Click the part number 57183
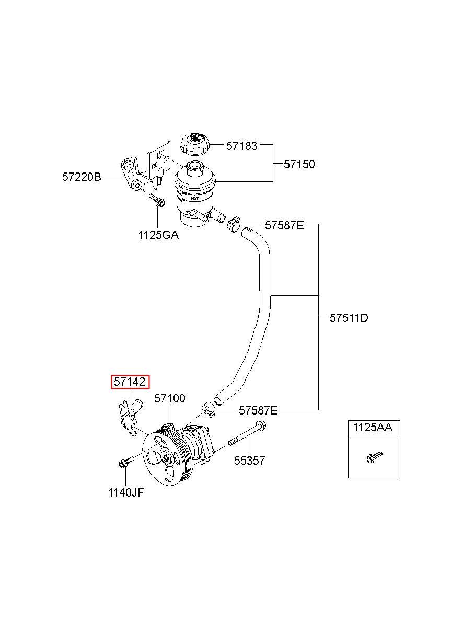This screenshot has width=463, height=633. [x=242, y=146]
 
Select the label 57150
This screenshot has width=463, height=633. [x=299, y=164]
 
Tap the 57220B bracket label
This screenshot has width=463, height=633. [x=82, y=177]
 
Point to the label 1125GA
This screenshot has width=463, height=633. [x=158, y=235]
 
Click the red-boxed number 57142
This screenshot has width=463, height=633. [x=130, y=382]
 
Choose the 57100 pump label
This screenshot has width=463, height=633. [x=169, y=398]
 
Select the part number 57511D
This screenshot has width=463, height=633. [x=349, y=318]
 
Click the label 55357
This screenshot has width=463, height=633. [x=249, y=461]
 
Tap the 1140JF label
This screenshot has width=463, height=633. [x=126, y=493]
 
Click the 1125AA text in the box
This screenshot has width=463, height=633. [x=373, y=428]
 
